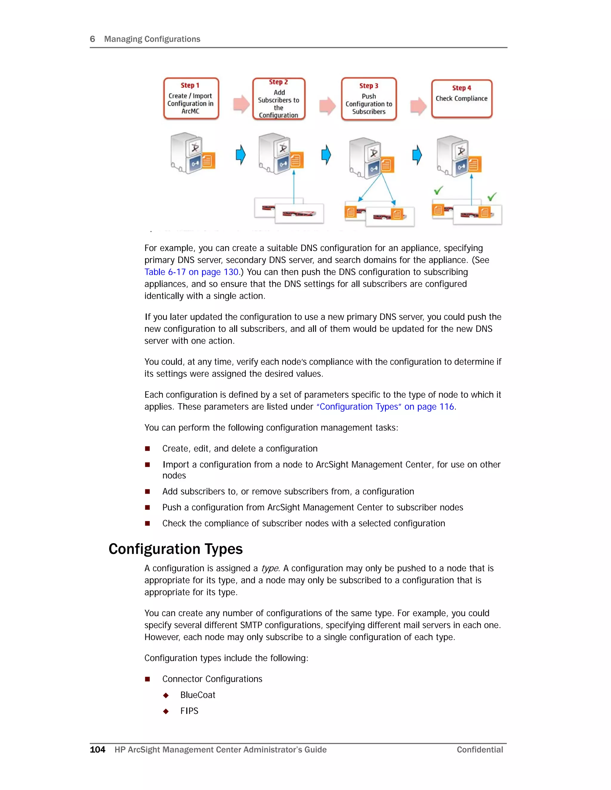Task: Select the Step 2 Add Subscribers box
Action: pyautogui.click(x=279, y=99)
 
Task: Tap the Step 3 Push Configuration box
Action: pyautogui.click(x=368, y=99)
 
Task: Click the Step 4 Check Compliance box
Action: pyautogui.click(x=462, y=99)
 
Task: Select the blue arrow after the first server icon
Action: pyautogui.click(x=240, y=155)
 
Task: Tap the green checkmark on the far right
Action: pyautogui.click(x=492, y=196)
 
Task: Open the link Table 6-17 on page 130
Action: pyautogui.click(x=191, y=272)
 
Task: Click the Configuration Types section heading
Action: pyautogui.click(x=175, y=549)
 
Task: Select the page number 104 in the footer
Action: pyautogui.click(x=97, y=749)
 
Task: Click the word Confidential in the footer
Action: pyautogui.click(x=480, y=749)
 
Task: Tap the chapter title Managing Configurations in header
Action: pyautogui.click(x=152, y=39)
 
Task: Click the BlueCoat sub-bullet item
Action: pyautogui.click(x=198, y=695)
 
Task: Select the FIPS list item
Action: pyautogui.click(x=189, y=711)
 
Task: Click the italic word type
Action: pyautogui.click(x=270, y=568)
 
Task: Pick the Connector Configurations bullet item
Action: pyautogui.click(x=212, y=679)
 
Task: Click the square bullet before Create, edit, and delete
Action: pyautogui.click(x=147, y=449)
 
